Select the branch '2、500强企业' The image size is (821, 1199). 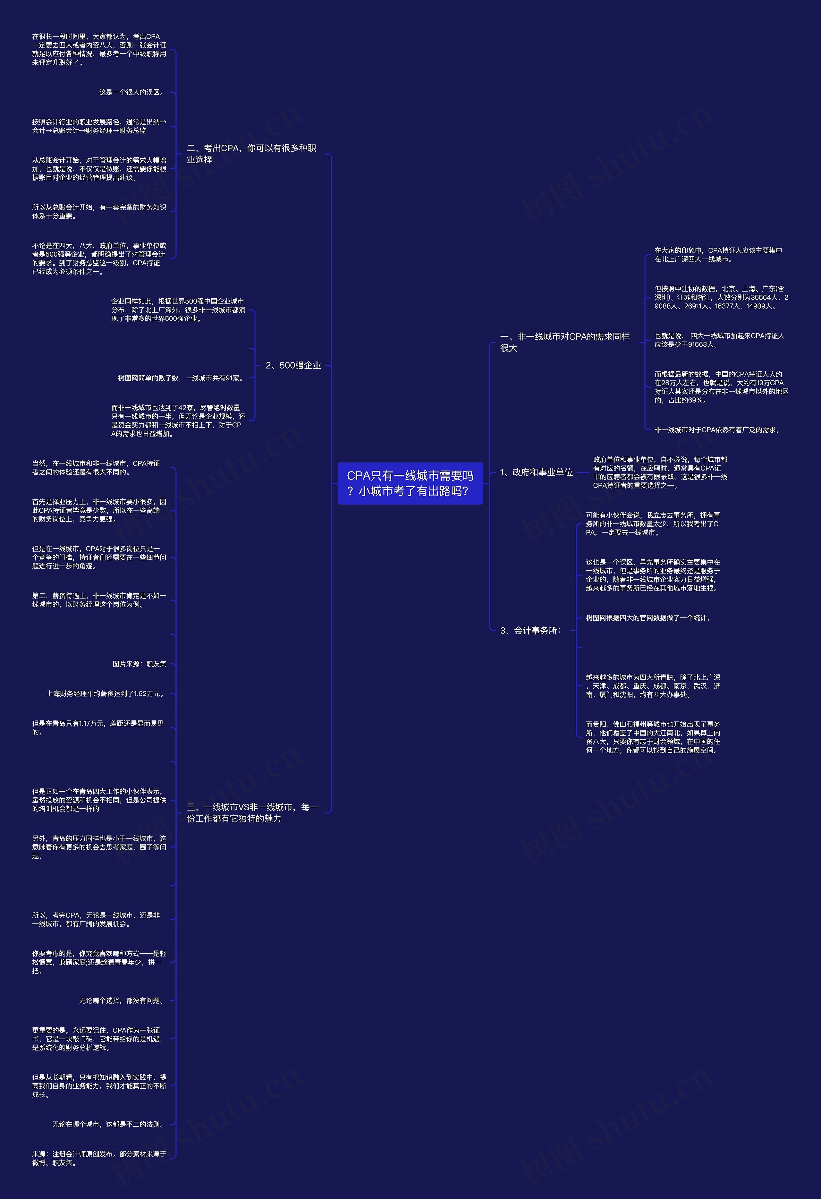tap(293, 365)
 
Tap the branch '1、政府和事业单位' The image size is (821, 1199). tap(536, 472)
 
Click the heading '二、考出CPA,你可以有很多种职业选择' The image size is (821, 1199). tap(251, 154)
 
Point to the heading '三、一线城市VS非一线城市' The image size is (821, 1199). tap(252, 812)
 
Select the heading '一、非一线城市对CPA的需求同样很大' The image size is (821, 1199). tap(565, 342)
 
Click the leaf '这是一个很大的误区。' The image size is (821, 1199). tap(132, 92)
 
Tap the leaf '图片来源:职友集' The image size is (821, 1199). tap(139, 664)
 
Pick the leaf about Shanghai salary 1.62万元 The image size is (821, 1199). tap(106, 694)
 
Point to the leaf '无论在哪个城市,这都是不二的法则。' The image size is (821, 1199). tap(109, 1124)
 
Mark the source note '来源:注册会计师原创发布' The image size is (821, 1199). tap(99, 1158)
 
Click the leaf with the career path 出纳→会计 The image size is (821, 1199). tap(99, 126)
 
